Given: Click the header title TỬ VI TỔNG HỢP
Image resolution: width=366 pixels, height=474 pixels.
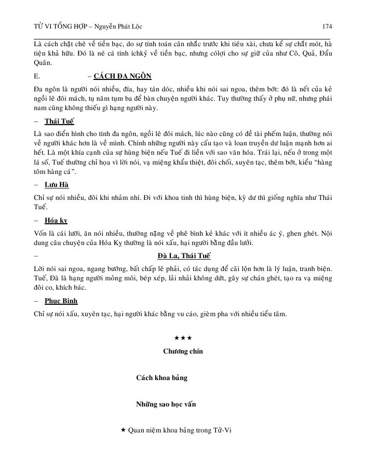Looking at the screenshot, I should (60, 26).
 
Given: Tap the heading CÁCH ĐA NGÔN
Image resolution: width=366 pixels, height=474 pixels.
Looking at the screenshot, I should (123, 76).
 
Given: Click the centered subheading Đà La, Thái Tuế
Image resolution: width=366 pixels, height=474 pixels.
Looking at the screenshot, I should (184, 256).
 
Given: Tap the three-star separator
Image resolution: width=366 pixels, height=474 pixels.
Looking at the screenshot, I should (183, 338).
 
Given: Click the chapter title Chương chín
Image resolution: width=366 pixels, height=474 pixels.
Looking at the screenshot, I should (183, 351).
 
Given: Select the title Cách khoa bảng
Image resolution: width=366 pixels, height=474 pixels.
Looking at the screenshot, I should (161, 378).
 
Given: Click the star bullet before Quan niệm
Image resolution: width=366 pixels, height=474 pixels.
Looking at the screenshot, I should (123, 430).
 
